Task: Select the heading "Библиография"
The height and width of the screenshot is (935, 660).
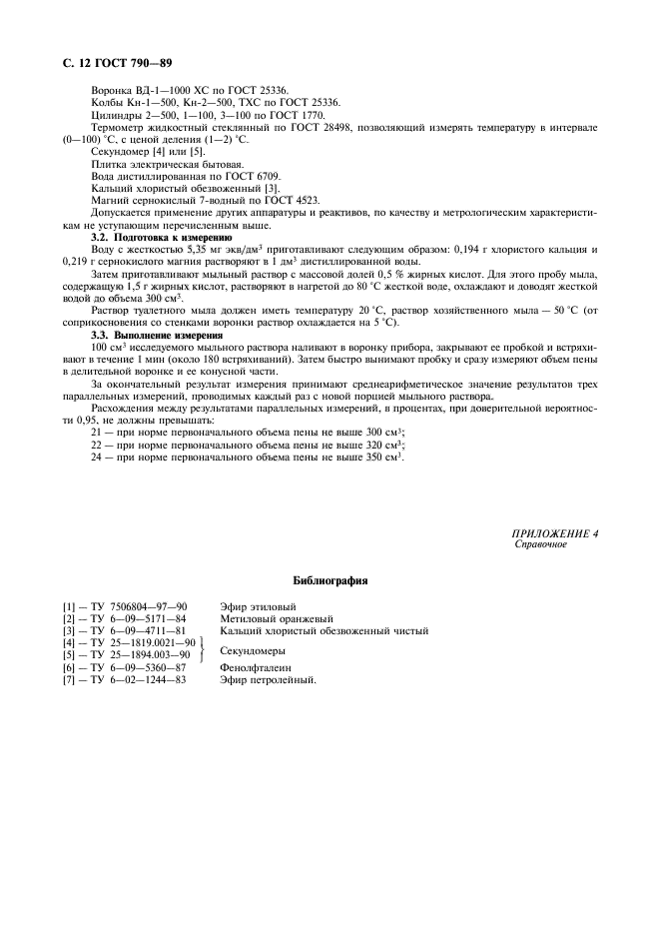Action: tap(330, 579)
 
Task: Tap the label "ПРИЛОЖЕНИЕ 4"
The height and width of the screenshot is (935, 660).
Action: tap(555, 533)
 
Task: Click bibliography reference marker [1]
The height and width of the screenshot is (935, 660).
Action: tap(70, 606)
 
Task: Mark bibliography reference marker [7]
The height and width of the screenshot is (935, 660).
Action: tap(70, 679)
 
